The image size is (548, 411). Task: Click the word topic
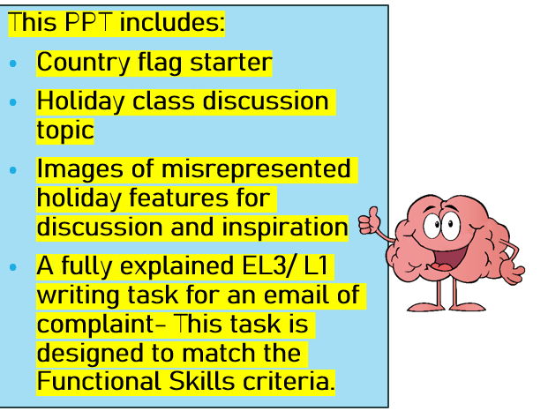[64, 130]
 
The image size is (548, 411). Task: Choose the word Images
[76, 168]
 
